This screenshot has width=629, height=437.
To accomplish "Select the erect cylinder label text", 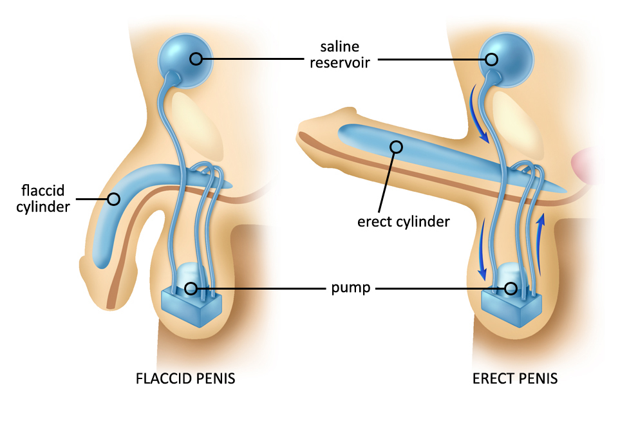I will tap(403, 222).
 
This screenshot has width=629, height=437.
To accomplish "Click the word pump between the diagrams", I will tap(352, 288).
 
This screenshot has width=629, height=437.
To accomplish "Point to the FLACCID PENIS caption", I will tap(185, 378).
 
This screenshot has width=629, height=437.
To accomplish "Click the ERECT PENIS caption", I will tap(515, 378).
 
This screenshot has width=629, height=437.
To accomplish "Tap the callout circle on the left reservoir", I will tap(196, 59).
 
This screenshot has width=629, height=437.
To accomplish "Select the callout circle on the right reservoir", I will tap(492, 59).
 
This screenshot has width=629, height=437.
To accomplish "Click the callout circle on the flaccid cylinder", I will tap(113, 199).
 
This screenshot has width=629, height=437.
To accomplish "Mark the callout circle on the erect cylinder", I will tap(396, 147).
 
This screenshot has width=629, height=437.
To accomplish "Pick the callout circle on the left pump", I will tap(191, 288).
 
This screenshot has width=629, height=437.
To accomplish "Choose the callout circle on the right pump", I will tap(511, 288).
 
